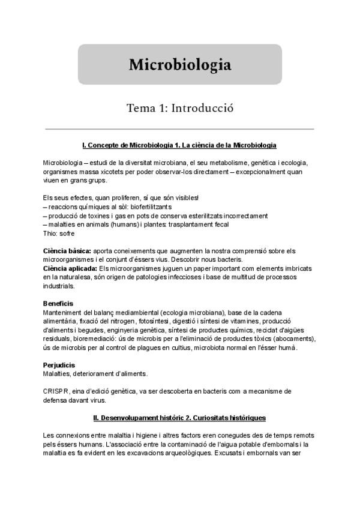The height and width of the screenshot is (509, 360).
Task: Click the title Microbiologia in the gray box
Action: pyautogui.click(x=179, y=64)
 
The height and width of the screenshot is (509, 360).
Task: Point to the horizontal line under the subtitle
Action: pyautogui.click(x=179, y=129)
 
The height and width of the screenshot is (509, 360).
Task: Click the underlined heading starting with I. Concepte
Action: pyautogui.click(x=179, y=146)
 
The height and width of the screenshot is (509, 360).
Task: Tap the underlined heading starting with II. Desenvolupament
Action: pyautogui.click(x=179, y=417)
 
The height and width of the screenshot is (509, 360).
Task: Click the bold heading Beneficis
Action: pyautogui.click(x=59, y=304)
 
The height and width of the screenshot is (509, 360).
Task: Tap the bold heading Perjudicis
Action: pyautogui.click(x=59, y=365)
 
